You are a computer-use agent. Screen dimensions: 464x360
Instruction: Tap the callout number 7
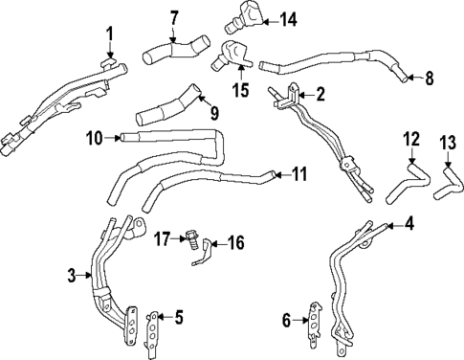(x=173, y=16)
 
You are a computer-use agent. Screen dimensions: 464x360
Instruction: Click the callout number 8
(x=428, y=77)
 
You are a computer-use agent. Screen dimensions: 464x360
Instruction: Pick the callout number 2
(x=320, y=94)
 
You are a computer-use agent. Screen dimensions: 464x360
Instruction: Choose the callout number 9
(x=213, y=113)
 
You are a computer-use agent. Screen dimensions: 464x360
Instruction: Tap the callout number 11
(x=299, y=174)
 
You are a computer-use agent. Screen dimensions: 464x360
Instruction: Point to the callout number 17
(x=165, y=236)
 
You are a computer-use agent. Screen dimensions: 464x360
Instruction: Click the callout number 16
(x=234, y=243)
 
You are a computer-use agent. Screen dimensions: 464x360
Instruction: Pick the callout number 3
(x=72, y=277)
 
